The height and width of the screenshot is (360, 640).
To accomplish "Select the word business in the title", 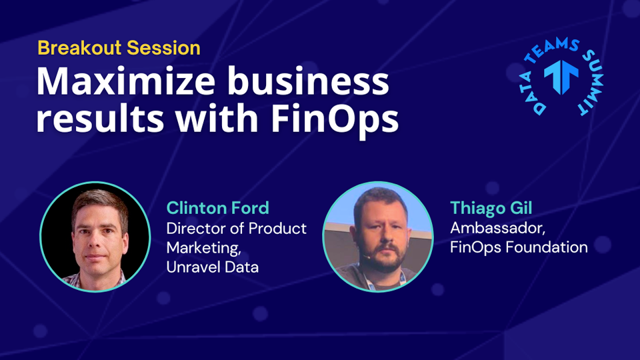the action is tap(308, 81).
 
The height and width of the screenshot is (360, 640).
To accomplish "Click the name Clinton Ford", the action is tap(217, 208).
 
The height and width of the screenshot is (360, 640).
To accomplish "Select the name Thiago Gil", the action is tap(491, 208).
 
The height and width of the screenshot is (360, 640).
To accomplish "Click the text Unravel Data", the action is tap(212, 267).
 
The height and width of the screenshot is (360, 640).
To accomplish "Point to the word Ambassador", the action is tap(497, 228).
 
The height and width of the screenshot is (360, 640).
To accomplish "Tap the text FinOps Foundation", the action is tap(519, 247).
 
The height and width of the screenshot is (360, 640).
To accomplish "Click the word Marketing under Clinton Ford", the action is tap(203, 248).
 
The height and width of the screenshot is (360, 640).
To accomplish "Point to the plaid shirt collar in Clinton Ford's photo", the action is tap(95, 281).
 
